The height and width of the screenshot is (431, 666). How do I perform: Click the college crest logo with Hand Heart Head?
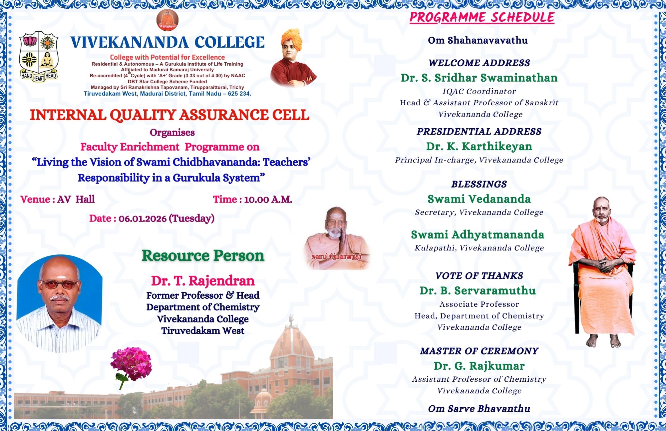click(x=39, y=57)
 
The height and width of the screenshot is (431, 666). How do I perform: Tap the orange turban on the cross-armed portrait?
click(x=291, y=39)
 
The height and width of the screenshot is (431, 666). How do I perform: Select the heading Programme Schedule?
click(x=482, y=17)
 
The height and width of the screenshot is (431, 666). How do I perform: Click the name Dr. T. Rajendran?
click(x=203, y=281)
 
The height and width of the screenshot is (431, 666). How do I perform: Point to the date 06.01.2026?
click(x=143, y=218)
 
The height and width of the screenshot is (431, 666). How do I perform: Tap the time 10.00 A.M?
click(x=268, y=200)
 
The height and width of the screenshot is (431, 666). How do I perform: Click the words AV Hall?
click(x=76, y=199)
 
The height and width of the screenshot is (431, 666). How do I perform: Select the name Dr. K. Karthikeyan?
click(x=479, y=146)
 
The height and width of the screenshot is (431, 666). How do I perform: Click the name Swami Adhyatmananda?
click(x=478, y=234)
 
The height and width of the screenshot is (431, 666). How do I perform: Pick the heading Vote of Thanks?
click(x=479, y=276)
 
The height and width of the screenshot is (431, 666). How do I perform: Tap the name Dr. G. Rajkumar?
click(x=479, y=366)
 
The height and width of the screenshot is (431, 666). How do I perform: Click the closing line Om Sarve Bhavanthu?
click(x=479, y=409)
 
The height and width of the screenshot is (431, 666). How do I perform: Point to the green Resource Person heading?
click(x=203, y=255)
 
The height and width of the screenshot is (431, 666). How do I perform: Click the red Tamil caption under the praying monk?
click(x=336, y=257)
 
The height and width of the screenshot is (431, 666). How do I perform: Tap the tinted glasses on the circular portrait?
click(x=60, y=284)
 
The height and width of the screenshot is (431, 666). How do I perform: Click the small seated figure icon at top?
click(x=167, y=20)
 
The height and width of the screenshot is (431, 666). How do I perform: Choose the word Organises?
click(x=172, y=133)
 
